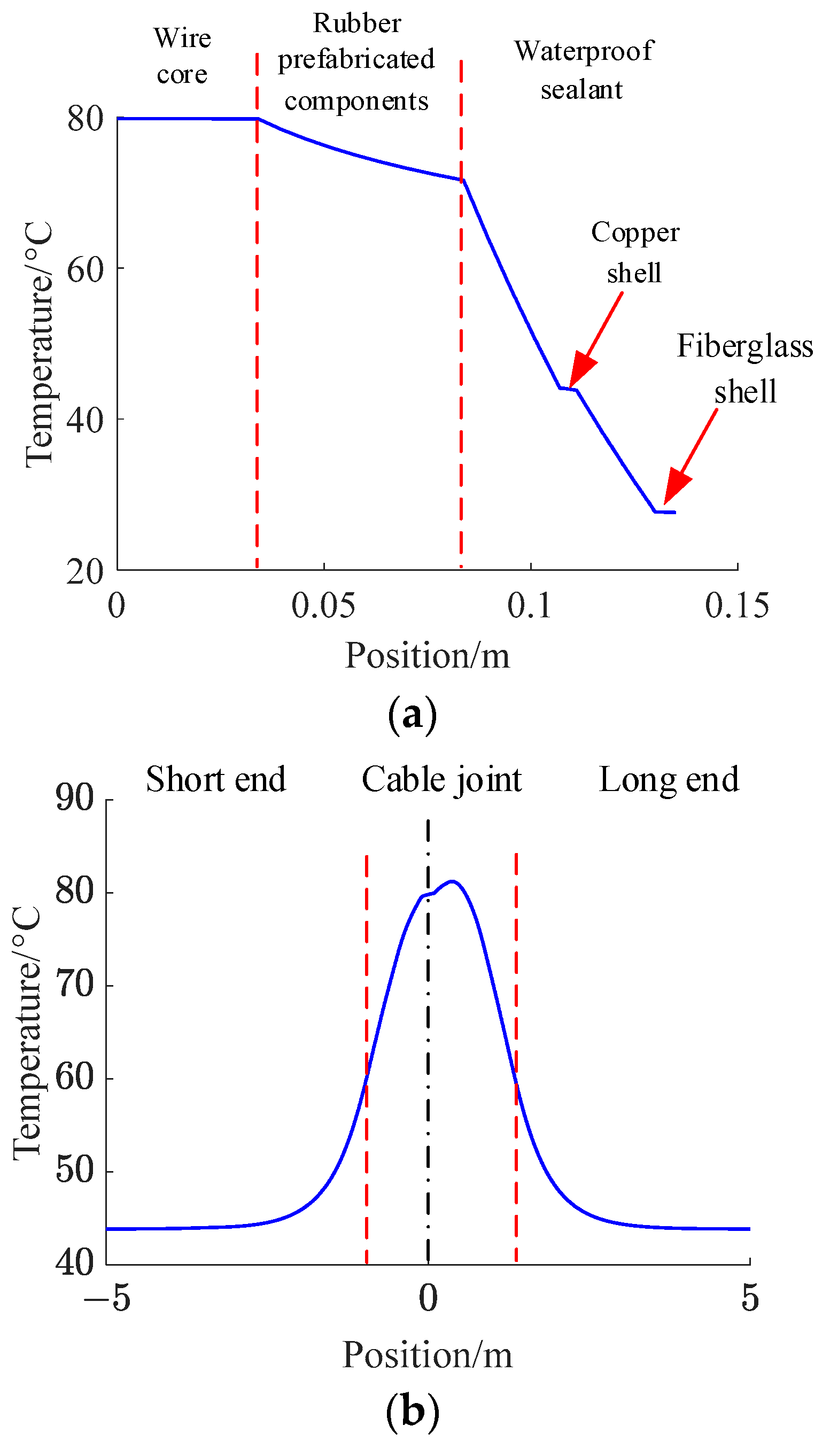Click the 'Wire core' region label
[182, 56]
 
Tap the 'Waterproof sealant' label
[583, 69]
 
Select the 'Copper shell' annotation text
[635, 252]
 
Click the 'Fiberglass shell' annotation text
[744, 368]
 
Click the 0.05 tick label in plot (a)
[323, 606]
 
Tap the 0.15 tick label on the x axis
[736, 606]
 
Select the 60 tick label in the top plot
[86, 269]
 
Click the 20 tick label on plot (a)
[86, 571]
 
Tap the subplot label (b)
[413, 1412]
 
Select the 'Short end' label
[215, 779]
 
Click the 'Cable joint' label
[442, 779]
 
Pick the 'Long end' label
[669, 779]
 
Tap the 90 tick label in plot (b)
[75, 797]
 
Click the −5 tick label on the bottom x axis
[107, 1298]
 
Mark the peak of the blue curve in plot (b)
[452, 881]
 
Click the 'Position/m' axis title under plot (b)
[427, 1355]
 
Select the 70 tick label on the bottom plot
[75, 984]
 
